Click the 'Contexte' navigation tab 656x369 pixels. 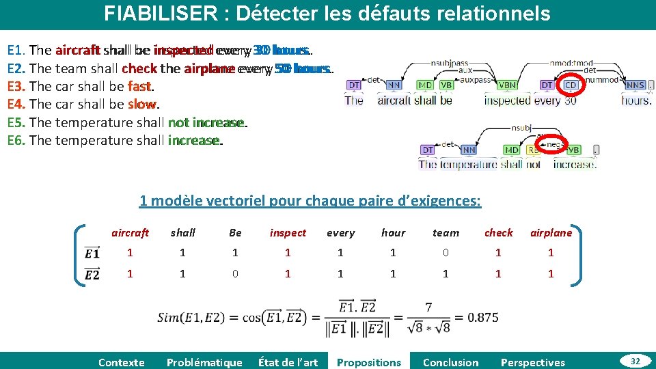pos(122,362)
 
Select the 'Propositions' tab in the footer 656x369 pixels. pos(369,362)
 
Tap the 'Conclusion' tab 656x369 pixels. pos(451,362)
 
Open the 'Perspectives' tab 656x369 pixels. pos(533,362)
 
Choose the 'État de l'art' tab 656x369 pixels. pos(288,362)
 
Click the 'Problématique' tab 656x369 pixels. pos(204,362)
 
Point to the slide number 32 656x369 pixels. pos(635,361)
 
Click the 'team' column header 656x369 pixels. pos(446,233)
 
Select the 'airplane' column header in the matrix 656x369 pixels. pos(551,233)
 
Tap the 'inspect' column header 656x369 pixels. pos(288,233)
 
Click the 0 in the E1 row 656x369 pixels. pos(446,253)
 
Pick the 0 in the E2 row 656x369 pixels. pos(235,273)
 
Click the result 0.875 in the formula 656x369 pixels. pos(482,318)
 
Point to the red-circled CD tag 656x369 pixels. pos(571,85)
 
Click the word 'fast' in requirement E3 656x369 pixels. pos(139,87)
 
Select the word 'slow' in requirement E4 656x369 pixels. pos(142,105)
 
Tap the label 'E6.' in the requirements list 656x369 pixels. pos(16,140)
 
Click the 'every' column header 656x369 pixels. pos(340,233)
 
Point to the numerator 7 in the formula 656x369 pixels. pos(428,308)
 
